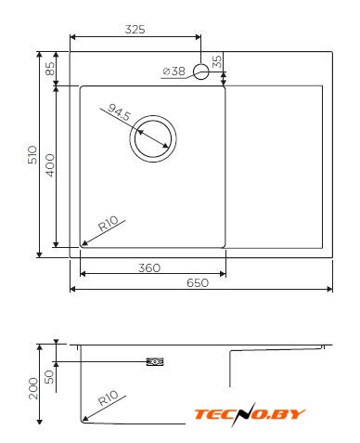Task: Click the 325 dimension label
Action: point(135,30)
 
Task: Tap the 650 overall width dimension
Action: point(198,282)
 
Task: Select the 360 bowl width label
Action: point(149,267)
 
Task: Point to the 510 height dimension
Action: point(32,155)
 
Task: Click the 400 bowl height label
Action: point(50,165)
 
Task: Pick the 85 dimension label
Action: point(50,69)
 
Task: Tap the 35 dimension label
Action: point(217,61)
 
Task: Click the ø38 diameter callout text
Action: point(174,72)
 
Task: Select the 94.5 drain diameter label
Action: point(120,112)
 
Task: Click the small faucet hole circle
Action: point(201,72)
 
